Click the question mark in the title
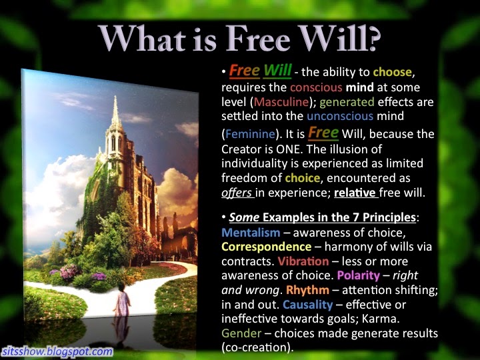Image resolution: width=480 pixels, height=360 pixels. (x=372, y=39)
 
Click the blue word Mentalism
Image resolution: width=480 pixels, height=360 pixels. (x=251, y=233)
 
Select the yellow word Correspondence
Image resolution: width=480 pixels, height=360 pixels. (x=266, y=247)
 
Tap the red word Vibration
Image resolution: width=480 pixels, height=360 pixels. (x=303, y=261)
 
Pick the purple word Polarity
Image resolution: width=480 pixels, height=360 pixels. (x=358, y=276)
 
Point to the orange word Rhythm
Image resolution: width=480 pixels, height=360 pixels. (x=307, y=290)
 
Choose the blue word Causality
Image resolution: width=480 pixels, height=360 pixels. (x=307, y=305)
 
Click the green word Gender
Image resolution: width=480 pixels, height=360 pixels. (x=241, y=333)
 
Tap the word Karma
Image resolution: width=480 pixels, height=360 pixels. (x=381, y=319)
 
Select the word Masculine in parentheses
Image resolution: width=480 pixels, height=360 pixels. (x=281, y=102)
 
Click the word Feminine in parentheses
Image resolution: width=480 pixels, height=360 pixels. (x=250, y=134)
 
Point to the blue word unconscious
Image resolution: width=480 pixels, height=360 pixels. (x=340, y=116)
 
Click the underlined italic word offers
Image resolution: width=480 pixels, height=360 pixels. (x=237, y=193)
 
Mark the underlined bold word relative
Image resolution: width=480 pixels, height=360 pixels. (x=355, y=193)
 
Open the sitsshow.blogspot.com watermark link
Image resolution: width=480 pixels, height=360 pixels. (x=57, y=351)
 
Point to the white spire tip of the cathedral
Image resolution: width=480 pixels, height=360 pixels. (x=115, y=97)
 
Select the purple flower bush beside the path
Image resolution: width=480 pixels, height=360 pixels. (x=69, y=272)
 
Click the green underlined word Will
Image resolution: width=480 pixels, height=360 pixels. (x=277, y=71)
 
